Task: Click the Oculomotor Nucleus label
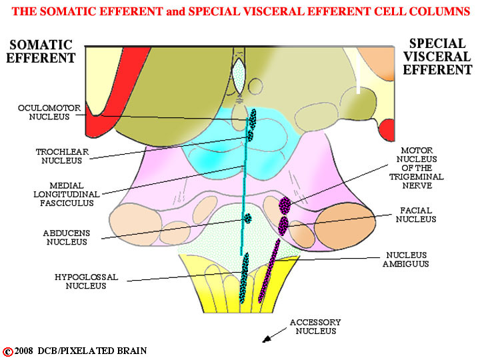(49, 113)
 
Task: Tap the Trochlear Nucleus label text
(62, 156)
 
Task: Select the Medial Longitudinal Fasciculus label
(67, 194)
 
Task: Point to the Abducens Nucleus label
(67, 237)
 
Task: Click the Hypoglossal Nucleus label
(86, 281)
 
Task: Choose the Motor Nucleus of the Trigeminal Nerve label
(416, 168)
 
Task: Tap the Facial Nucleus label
(416, 215)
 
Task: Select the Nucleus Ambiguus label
(406, 259)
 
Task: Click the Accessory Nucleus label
(315, 327)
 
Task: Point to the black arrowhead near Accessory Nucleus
(267, 339)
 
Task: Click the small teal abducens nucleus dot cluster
(247, 218)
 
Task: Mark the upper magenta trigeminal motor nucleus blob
(285, 205)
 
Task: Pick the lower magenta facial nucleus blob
(283, 225)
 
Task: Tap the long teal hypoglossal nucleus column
(244, 278)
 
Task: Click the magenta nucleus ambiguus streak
(269, 271)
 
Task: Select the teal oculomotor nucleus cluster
(253, 119)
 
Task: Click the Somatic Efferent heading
(41, 51)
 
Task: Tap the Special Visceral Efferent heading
(437, 57)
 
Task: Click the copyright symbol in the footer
(7, 352)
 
